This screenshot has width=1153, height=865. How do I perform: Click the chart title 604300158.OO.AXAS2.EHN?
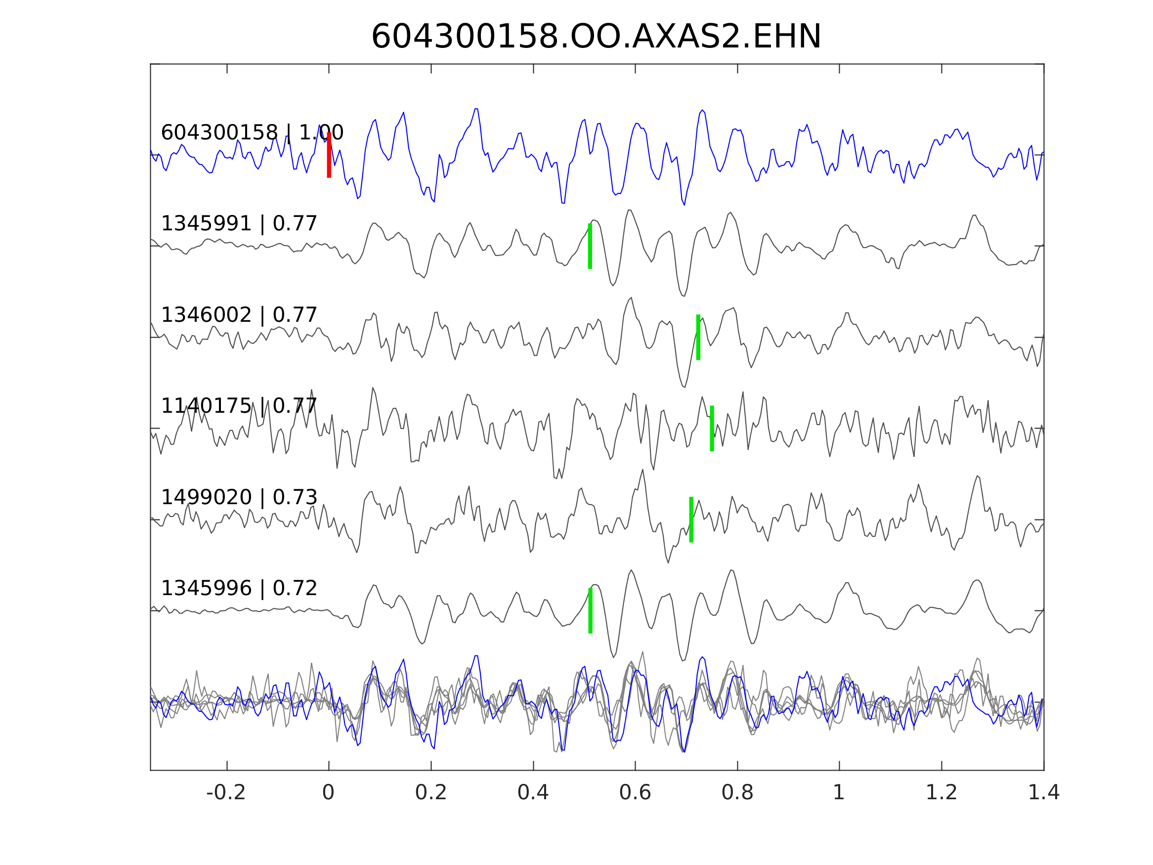(596, 37)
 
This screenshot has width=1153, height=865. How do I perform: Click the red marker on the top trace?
(329, 155)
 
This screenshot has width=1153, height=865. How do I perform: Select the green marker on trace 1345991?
(590, 246)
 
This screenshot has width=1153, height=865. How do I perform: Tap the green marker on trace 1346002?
(698, 337)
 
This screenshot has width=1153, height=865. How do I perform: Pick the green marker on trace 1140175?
(712, 429)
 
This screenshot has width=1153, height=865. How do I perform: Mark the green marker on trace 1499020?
(691, 520)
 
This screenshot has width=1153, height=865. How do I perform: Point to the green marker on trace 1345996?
(591, 611)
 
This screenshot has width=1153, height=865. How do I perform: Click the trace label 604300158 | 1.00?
(252, 132)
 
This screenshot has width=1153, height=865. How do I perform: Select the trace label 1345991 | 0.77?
(239, 224)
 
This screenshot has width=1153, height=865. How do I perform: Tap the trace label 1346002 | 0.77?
(239, 315)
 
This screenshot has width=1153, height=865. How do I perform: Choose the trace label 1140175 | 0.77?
(239, 406)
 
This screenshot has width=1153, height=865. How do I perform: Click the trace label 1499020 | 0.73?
(239, 497)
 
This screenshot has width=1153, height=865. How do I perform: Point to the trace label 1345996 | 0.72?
(239, 588)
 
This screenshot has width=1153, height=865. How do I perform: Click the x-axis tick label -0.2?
(226, 792)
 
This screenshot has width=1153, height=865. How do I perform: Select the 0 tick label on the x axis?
(328, 792)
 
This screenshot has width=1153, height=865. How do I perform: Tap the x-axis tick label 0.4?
(533, 792)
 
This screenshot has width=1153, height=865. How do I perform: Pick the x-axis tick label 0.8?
(737, 792)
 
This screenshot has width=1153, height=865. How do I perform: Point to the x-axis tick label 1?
(839, 792)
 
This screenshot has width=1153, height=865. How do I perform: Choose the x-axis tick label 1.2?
(941, 792)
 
